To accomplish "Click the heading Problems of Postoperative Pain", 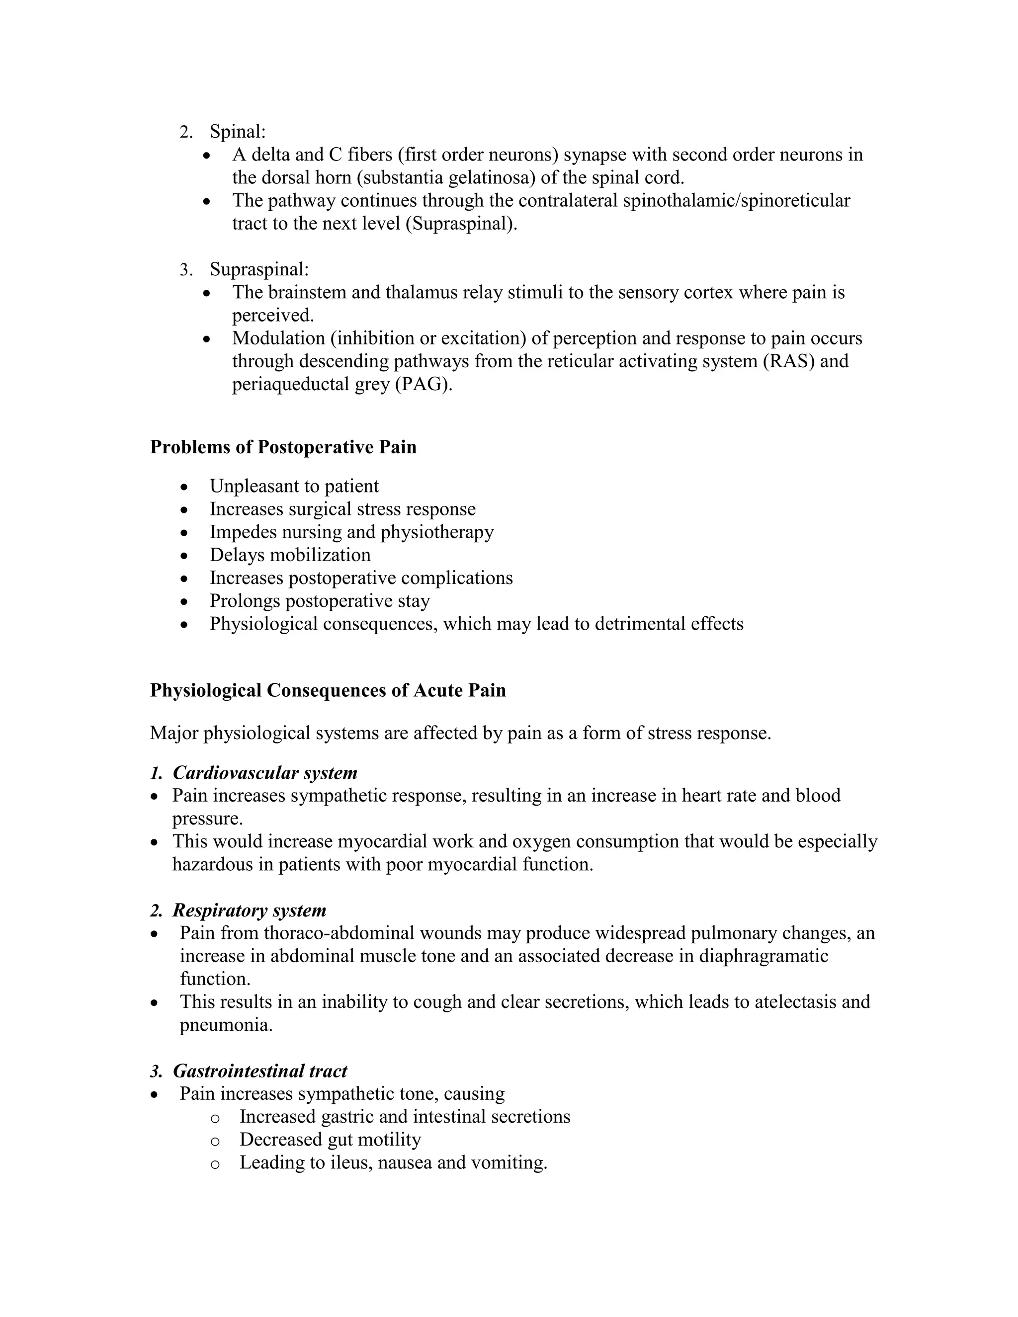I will click(x=283, y=447).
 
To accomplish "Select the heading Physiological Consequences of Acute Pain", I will click(x=328, y=690).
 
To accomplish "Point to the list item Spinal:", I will click(x=238, y=132).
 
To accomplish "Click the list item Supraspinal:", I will click(x=259, y=269).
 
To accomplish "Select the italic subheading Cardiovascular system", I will click(x=265, y=773).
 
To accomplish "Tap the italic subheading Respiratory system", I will click(x=249, y=910).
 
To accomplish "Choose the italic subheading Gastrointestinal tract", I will click(x=260, y=1071).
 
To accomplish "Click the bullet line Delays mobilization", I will click(x=290, y=555).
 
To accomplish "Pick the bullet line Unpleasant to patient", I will click(x=294, y=486).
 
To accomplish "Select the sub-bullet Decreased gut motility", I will click(x=330, y=1140).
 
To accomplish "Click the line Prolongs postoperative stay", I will click(x=320, y=601).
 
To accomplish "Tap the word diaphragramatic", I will click(x=763, y=956).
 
